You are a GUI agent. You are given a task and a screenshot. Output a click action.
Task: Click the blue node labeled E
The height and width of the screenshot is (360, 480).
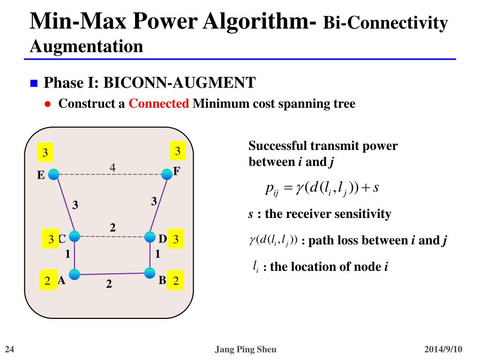coord(54,174)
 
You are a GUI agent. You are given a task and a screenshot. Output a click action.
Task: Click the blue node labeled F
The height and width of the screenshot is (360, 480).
coord(166,174)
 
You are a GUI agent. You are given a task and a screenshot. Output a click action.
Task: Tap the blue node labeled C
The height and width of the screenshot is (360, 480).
coord(75,236)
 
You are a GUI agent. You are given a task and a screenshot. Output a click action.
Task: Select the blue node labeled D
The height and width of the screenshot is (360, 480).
coord(150,237)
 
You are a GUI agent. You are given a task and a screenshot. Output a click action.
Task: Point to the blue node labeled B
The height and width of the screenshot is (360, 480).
coord(150,272)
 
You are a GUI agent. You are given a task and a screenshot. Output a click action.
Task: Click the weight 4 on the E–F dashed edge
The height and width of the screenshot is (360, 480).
coord(112,167)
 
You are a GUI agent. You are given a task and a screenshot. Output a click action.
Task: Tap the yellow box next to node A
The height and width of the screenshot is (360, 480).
coord(48,281)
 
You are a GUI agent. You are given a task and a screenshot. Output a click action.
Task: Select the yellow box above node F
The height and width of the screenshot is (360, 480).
coord(177,151)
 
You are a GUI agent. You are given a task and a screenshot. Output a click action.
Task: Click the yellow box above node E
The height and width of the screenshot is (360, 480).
coord(45,153)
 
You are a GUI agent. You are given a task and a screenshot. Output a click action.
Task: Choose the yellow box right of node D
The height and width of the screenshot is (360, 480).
coord(176,240)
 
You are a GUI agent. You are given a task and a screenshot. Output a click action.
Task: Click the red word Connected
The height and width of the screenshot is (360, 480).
coord(158,104)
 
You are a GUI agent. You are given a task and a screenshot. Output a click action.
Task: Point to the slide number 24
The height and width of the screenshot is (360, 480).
coord(9,349)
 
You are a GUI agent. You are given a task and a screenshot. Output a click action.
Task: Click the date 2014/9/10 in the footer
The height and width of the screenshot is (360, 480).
coord(443,349)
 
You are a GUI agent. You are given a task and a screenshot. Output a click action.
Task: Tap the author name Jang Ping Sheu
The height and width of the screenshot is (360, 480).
coord(245,349)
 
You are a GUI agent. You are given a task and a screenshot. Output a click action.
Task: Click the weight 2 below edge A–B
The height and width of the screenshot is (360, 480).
coord(109,284)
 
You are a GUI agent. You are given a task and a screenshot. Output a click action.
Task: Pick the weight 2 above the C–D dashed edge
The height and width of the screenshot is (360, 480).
coord(112,228)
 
